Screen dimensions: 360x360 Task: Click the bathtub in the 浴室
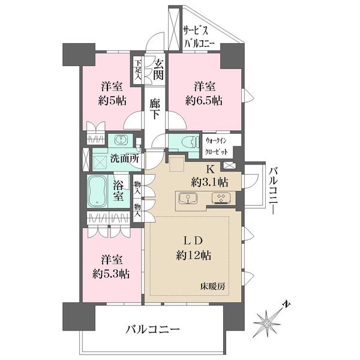(99, 191)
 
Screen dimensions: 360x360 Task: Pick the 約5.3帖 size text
(112, 274)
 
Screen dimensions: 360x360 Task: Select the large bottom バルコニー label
(152, 329)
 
